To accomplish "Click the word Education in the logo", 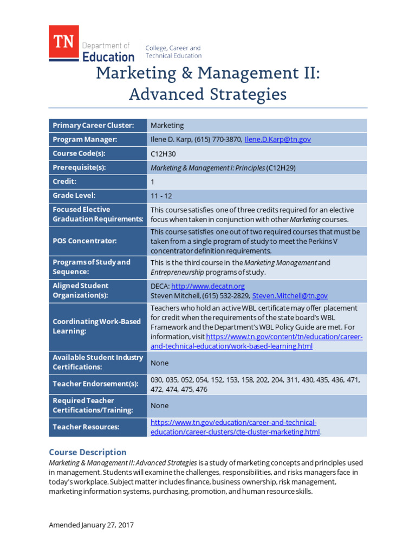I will point(108,56).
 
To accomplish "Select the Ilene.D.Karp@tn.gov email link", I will point(278,139).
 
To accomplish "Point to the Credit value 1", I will point(153,182).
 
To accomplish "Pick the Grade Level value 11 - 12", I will point(161,196).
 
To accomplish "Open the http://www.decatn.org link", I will point(208,286).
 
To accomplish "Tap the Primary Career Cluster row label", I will point(93,125).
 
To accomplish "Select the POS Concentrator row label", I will point(84,241).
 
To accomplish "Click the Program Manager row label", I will point(85,139).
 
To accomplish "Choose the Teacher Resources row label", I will point(86,427).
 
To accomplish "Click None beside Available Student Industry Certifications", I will point(159,363).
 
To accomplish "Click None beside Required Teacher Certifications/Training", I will point(159,405).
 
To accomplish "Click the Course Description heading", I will point(88,452).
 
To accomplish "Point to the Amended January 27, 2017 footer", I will point(91,525).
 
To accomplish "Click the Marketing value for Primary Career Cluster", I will point(167,125).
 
